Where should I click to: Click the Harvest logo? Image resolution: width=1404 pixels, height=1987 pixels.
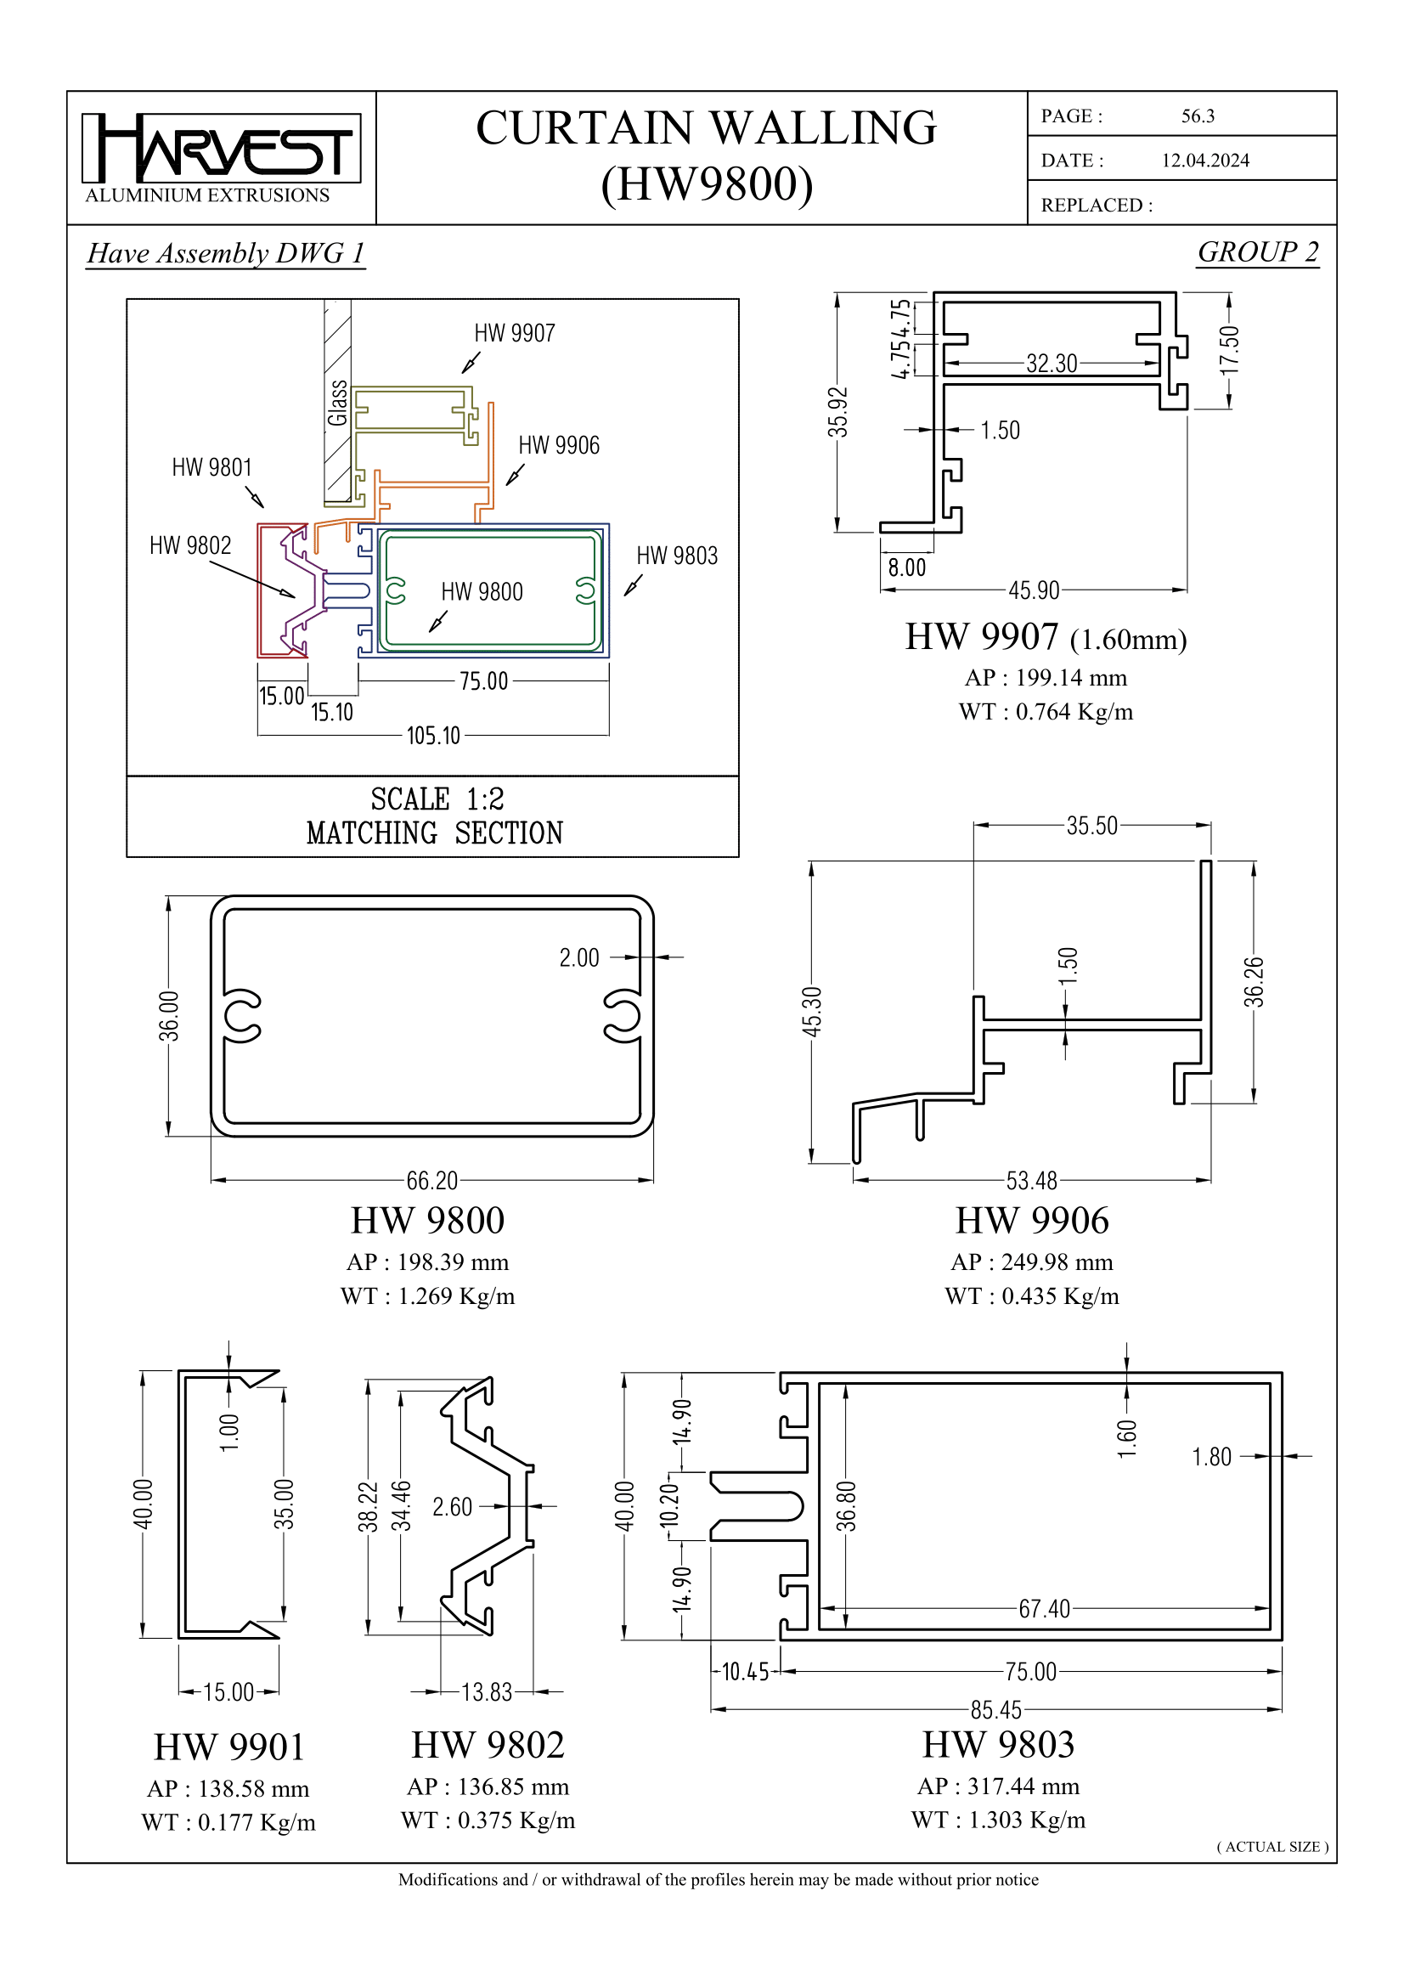[x=221, y=149]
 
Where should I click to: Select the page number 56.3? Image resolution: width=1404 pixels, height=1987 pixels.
[x=1198, y=116]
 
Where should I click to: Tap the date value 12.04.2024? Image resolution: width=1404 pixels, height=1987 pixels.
[x=1204, y=160]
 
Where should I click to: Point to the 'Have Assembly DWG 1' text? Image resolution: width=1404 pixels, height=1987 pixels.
[x=226, y=252]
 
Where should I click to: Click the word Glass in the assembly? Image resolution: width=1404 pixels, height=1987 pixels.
[x=337, y=404]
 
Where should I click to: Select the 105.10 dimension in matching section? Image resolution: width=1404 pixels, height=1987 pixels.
[x=433, y=736]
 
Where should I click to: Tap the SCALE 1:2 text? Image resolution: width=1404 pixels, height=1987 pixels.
[x=437, y=798]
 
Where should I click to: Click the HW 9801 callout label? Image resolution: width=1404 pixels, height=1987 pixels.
[x=212, y=467]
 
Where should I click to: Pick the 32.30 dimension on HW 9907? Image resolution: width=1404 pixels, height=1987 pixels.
[x=1051, y=364]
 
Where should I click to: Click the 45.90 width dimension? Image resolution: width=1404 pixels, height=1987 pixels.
[x=1033, y=590]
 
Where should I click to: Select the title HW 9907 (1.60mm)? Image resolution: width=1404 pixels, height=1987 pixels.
[x=1045, y=638]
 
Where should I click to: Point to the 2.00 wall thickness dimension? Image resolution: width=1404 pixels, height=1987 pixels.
[x=578, y=957]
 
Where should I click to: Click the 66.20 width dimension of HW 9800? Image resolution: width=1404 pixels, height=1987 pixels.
[x=431, y=1181]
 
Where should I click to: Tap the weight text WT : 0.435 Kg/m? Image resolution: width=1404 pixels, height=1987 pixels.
[x=1031, y=1296]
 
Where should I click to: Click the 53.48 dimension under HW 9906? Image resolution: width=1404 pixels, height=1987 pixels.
[x=1031, y=1181]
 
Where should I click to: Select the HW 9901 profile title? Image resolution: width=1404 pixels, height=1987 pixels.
[x=229, y=1747]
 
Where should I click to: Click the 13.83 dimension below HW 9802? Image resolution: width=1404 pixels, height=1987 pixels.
[x=486, y=1692]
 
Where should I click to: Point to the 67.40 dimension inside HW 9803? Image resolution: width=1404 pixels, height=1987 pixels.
[x=1043, y=1609]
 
